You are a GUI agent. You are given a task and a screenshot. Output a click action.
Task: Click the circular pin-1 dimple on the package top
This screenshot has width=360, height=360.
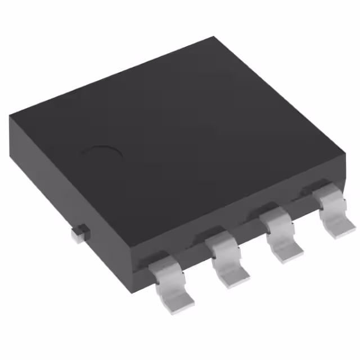pyautogui.click(x=102, y=155)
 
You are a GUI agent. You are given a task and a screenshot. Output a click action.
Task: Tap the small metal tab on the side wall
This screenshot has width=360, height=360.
pyautogui.click(x=80, y=232)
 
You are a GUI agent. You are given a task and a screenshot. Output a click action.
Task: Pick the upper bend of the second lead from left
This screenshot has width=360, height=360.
pyautogui.click(x=220, y=241)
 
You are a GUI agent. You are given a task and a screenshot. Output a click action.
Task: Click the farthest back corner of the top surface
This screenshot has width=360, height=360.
pyautogui.click(x=214, y=38)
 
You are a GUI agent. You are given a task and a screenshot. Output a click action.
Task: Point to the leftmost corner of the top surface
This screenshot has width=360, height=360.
pyautogui.click(x=10, y=115)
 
